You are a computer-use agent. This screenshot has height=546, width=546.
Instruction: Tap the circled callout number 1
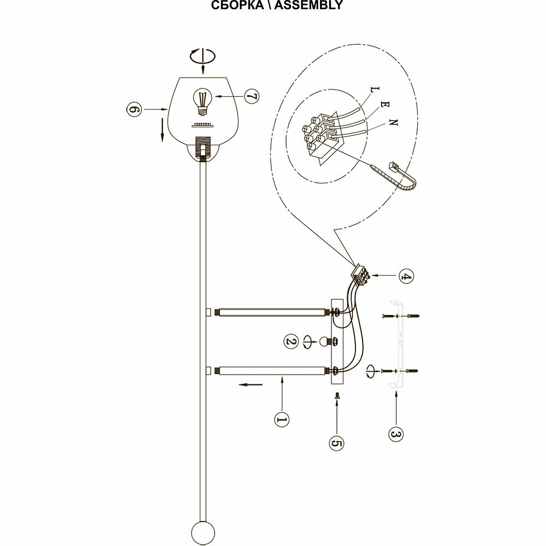[282, 419]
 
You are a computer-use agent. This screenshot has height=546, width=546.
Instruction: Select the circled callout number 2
[291, 342]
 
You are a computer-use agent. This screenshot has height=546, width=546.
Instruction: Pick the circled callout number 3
[396, 434]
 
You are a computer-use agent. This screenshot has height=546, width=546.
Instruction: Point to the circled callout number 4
[405, 276]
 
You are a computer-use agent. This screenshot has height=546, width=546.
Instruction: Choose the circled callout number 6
[134, 110]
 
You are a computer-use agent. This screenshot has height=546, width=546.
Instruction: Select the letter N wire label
[394, 123]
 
